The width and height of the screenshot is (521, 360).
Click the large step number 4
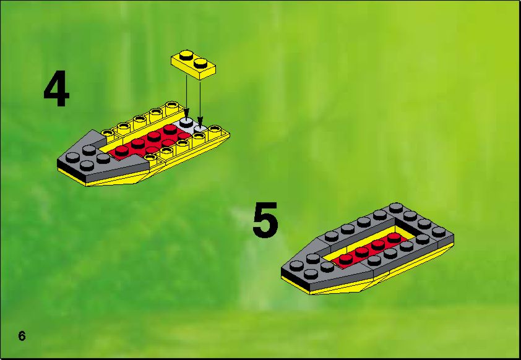click(x=56, y=88)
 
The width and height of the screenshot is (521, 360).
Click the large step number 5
click(x=265, y=220)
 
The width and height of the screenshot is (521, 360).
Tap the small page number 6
click(x=22, y=336)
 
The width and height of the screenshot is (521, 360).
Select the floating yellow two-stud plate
click(x=194, y=65)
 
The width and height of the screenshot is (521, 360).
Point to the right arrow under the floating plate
click(x=200, y=102)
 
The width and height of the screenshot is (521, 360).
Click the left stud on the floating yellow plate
click(x=186, y=55)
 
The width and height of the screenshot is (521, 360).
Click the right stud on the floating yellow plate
click(x=200, y=62)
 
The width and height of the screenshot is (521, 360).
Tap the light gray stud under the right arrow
click(x=200, y=129)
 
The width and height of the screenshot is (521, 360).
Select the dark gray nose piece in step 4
click(x=100, y=158)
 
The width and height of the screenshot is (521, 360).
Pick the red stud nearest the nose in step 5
click(x=345, y=259)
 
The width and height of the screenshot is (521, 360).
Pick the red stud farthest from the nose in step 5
click(x=394, y=237)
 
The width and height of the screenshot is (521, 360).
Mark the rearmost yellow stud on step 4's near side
click(x=215, y=129)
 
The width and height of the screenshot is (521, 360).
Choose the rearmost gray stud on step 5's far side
click(x=396, y=208)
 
